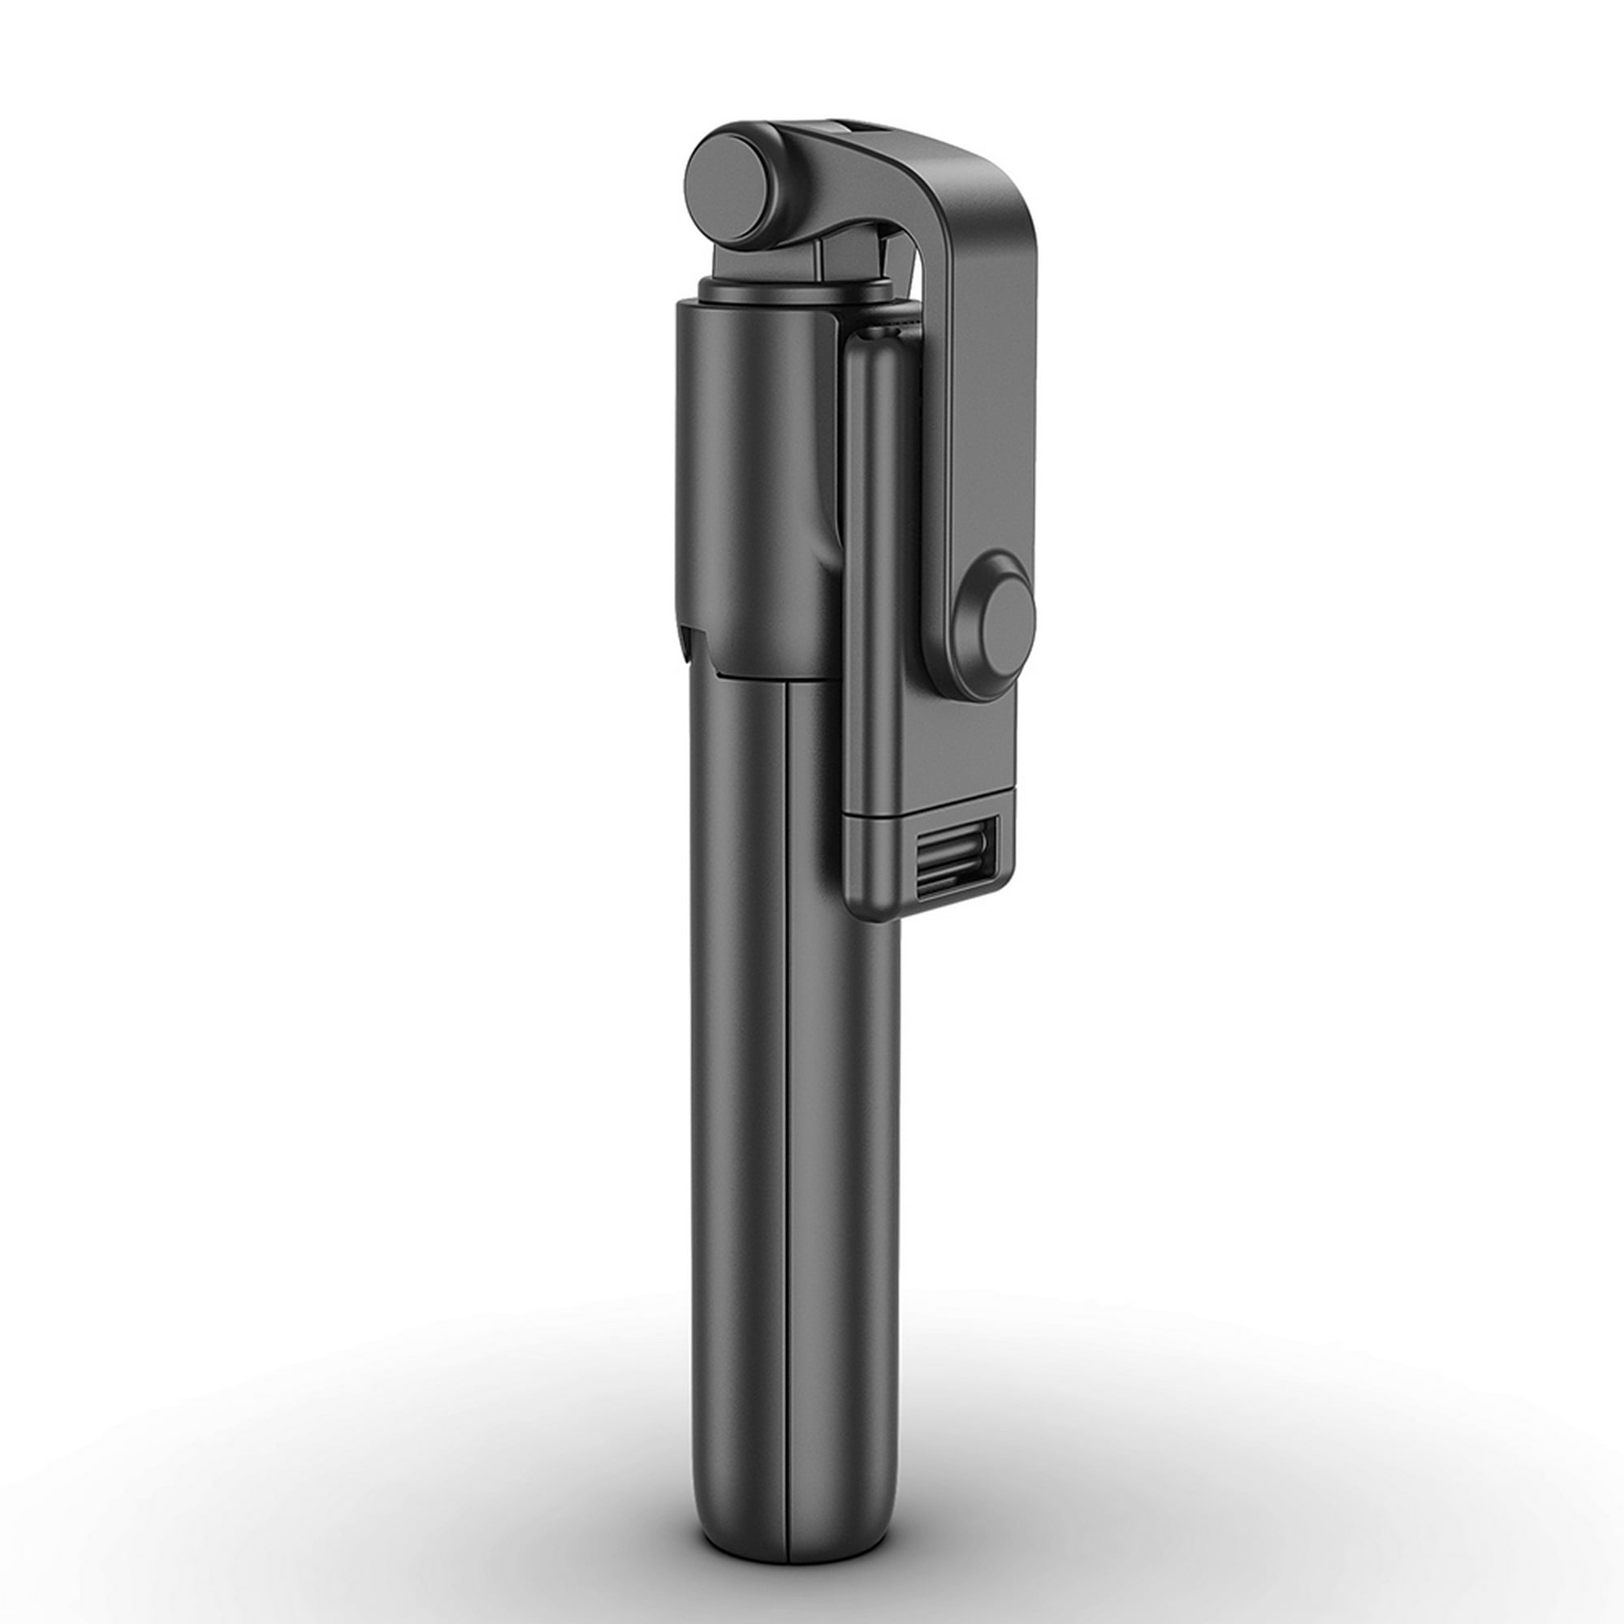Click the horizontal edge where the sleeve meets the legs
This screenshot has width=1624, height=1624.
point(757,676)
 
